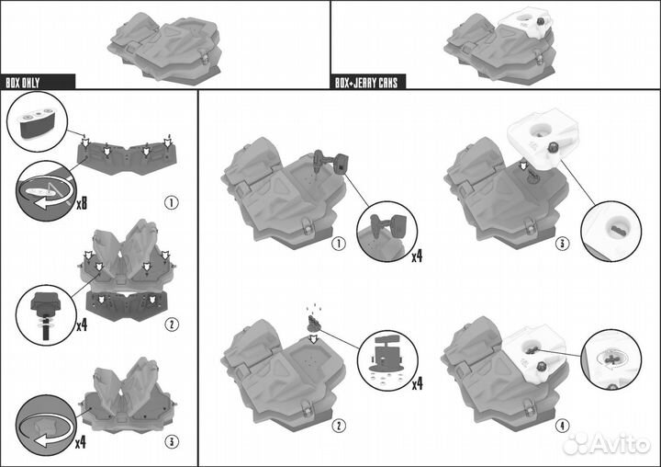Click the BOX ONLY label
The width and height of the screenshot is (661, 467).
coord(23,83)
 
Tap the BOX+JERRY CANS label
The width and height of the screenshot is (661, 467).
coord(366,83)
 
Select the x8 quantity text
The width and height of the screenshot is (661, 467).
coord(82,204)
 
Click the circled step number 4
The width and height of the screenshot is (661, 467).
coord(562,426)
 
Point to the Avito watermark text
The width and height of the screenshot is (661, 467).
coord(607,444)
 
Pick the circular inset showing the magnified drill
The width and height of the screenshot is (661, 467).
coord(387,232)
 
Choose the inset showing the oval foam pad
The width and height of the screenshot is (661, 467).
coord(37,122)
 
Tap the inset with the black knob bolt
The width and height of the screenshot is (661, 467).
coord(46,315)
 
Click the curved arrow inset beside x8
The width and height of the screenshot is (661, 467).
coord(46,191)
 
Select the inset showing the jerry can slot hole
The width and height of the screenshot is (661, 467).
coord(611,231)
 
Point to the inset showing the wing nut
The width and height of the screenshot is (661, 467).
coord(611,359)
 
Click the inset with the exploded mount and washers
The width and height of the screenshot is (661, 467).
coord(387,360)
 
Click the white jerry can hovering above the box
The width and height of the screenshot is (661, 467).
coord(544,136)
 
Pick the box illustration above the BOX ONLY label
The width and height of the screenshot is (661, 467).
coord(164,46)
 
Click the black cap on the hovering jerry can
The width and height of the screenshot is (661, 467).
coord(553,148)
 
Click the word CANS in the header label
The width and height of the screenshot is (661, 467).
coord(387,83)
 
